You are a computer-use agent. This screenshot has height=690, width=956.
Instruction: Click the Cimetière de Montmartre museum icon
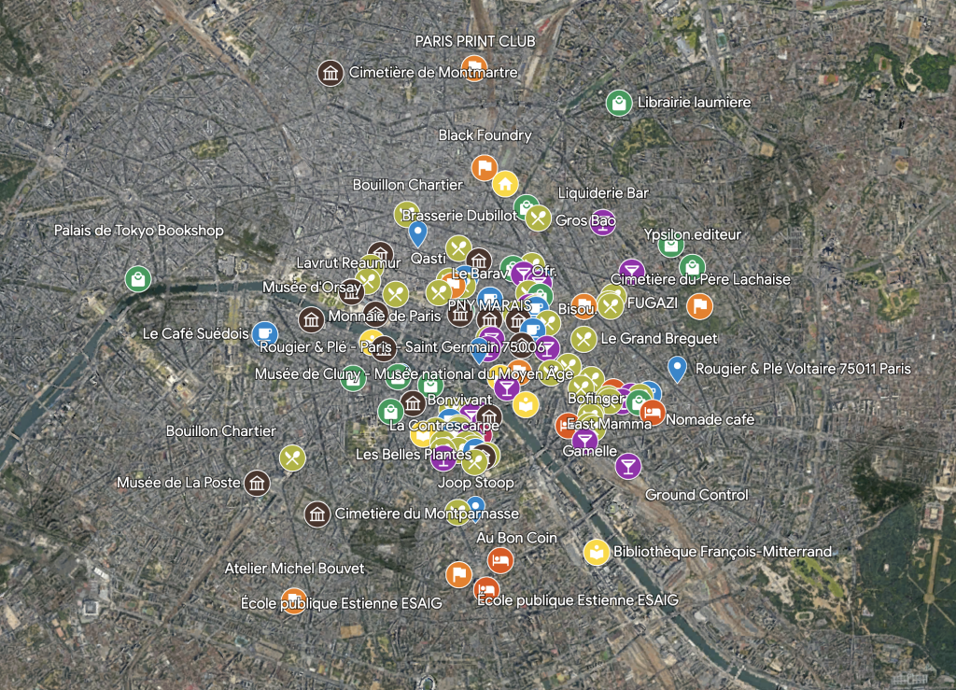tap(329, 73)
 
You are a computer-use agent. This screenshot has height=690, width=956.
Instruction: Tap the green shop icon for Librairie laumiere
tap(617, 103)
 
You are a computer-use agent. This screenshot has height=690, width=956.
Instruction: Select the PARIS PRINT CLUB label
tap(475, 41)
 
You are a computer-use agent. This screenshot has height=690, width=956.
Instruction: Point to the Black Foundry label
tap(485, 135)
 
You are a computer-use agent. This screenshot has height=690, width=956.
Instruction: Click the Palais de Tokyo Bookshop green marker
tap(138, 278)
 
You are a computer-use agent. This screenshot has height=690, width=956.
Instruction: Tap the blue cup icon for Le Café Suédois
tap(264, 333)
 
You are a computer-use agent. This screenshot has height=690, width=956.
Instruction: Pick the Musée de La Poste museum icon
tap(257, 483)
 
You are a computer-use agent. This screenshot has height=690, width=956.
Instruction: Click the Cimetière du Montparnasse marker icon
tap(317, 514)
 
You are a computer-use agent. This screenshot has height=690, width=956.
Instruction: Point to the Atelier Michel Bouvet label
tap(294, 568)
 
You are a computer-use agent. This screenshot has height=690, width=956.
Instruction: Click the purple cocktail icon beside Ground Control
tap(628, 465)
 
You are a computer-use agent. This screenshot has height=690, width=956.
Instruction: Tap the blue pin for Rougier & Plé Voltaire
tap(679, 369)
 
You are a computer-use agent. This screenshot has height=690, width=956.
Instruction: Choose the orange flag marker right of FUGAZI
tap(699, 305)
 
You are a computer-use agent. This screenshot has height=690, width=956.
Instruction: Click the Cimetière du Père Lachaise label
tap(700, 279)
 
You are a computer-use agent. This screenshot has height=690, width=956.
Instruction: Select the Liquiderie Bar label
tap(602, 193)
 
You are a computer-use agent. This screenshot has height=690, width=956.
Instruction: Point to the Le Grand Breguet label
tap(659, 338)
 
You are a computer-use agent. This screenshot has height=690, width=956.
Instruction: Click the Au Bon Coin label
tap(516, 538)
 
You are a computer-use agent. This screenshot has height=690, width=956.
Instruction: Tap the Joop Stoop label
tap(476, 484)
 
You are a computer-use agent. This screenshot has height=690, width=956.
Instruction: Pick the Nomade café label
tap(710, 420)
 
